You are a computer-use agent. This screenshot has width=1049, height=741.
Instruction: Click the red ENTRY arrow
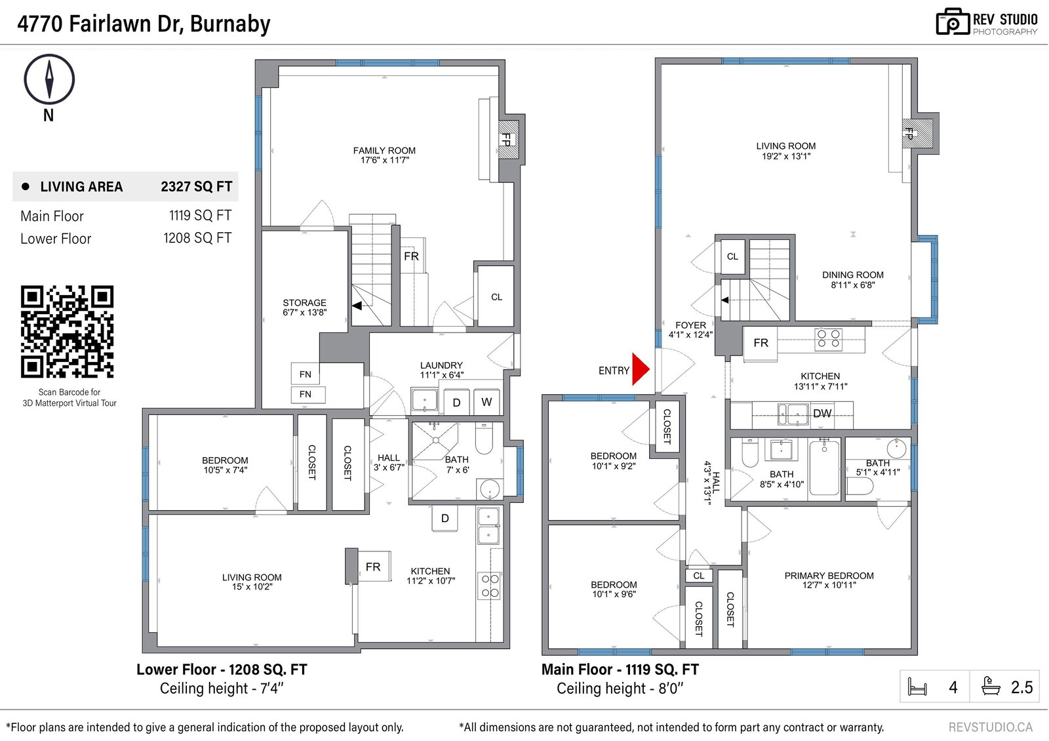click(640, 369)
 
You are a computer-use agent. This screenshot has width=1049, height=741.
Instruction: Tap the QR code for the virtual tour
click(67, 332)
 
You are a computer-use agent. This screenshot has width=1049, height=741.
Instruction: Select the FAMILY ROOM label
click(384, 155)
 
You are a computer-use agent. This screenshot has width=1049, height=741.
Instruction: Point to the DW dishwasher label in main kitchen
click(822, 413)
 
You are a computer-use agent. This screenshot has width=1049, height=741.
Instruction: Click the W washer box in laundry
click(486, 402)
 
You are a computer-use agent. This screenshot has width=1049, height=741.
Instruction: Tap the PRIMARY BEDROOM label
click(829, 580)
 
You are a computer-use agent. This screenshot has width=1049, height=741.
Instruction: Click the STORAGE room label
click(304, 308)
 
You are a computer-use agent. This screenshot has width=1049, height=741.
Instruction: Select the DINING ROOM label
click(853, 279)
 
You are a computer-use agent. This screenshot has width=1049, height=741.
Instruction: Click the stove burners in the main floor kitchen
click(829, 339)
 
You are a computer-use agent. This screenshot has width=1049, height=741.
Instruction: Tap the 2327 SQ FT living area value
click(196, 186)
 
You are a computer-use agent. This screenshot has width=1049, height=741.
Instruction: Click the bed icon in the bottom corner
click(917, 687)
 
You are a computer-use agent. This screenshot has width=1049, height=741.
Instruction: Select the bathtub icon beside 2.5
click(990, 686)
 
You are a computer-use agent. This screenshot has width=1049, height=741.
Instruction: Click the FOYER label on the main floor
click(690, 325)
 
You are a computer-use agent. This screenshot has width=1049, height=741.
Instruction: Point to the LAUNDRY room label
click(441, 365)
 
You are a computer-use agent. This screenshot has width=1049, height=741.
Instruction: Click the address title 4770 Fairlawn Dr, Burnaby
click(144, 24)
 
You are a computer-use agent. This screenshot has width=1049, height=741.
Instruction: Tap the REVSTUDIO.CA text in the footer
click(991, 727)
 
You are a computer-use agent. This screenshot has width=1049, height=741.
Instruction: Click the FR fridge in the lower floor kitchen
click(373, 567)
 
